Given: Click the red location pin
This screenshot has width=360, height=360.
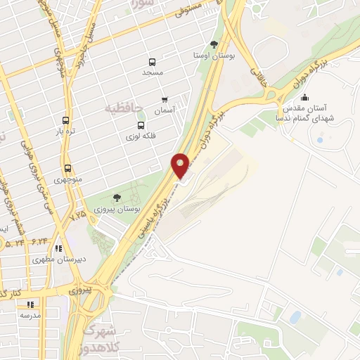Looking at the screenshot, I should click(181, 166).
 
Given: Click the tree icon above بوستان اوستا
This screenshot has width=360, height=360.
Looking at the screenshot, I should click(214, 44).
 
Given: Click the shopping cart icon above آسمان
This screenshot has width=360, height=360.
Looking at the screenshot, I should click(165, 100).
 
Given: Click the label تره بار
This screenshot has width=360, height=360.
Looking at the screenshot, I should click(66, 131).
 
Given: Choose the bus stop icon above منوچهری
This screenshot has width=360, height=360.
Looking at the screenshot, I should click(67, 168).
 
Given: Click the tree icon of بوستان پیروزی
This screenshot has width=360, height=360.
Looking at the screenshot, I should click(117, 198).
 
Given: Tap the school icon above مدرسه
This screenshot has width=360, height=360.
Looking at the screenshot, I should click(30, 304).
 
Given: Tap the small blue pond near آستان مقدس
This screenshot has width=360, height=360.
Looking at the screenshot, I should click(320, 140).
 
